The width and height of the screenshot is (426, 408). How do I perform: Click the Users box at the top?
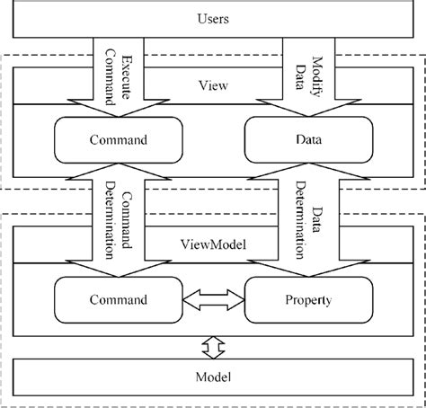pyautogui.click(x=213, y=18)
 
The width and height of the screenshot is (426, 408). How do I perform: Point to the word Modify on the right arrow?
pyautogui.click(x=317, y=65)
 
